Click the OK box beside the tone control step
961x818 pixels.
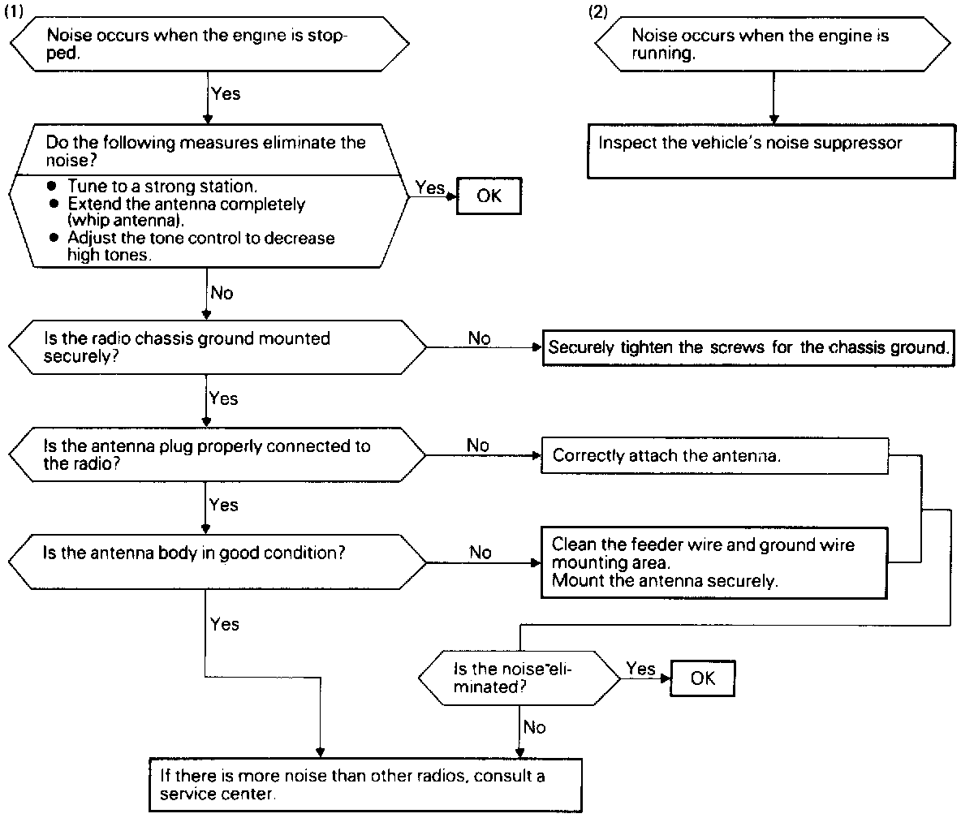pyautogui.click(x=489, y=196)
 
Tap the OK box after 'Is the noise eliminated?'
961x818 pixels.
pyautogui.click(x=702, y=678)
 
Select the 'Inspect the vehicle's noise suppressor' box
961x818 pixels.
pyautogui.click(x=771, y=151)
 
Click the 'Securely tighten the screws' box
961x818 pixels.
pyautogui.click(x=748, y=347)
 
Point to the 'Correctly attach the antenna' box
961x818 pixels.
pyautogui.click(x=714, y=456)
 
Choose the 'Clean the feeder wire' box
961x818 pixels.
pyautogui.click(x=714, y=562)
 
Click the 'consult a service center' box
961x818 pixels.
pyautogui.click(x=365, y=785)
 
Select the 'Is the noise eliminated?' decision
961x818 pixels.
pyautogui.click(x=519, y=678)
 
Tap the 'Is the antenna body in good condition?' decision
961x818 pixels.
pyautogui.click(x=218, y=562)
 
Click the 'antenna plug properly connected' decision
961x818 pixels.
pyautogui.click(x=218, y=454)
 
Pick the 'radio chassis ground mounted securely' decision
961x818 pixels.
pyautogui.click(x=218, y=347)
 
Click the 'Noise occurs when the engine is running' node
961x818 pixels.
pyautogui.click(x=773, y=44)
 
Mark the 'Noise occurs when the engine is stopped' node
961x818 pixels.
pyautogui.click(x=209, y=44)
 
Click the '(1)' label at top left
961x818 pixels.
pyautogui.click(x=14, y=11)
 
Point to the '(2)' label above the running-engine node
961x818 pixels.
pyautogui.click(x=597, y=11)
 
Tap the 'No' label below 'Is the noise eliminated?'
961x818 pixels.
pyautogui.click(x=534, y=727)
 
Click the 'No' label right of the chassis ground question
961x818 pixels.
pyautogui.click(x=479, y=338)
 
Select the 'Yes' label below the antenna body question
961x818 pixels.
pyautogui.click(x=224, y=624)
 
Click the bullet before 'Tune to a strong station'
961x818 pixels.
pyautogui.click(x=53, y=186)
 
